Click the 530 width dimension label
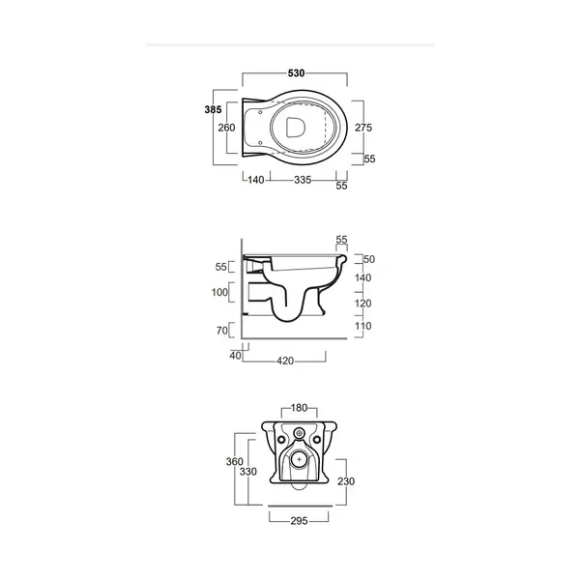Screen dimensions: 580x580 click(x=296, y=73)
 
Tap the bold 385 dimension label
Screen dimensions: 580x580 click(x=213, y=109)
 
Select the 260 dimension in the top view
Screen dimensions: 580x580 click(x=226, y=128)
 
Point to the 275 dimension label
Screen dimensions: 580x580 click(x=363, y=128)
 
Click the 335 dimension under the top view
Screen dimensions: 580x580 click(x=303, y=180)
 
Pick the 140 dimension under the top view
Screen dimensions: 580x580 click(x=256, y=180)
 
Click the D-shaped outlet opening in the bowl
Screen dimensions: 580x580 click(x=296, y=128)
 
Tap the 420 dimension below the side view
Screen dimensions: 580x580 click(x=285, y=361)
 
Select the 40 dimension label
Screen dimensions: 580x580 click(x=235, y=356)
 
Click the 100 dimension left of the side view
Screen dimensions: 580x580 click(x=219, y=292)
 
